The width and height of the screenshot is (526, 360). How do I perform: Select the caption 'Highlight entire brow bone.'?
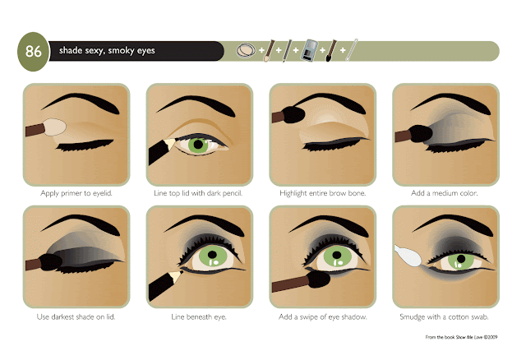(322, 193)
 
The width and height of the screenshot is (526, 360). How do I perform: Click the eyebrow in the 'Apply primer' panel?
(78, 105)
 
